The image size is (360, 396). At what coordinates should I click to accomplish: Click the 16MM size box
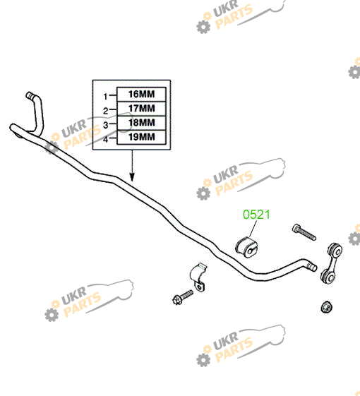click(x=141, y=95)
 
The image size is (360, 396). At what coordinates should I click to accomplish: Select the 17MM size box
click(x=141, y=109)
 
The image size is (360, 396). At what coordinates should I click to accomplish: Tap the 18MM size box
click(x=141, y=123)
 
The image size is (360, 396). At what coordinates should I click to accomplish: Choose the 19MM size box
click(x=141, y=137)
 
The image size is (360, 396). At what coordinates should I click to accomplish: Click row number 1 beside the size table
click(x=106, y=96)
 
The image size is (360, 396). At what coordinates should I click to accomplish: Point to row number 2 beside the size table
click(x=106, y=111)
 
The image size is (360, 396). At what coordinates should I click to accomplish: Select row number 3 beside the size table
click(x=106, y=125)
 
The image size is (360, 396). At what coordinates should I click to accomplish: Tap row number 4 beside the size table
click(x=106, y=139)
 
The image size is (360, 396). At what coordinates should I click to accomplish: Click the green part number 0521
click(x=256, y=215)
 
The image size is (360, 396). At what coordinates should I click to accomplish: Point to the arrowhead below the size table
click(x=132, y=177)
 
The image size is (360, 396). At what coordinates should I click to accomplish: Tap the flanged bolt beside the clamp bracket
click(x=183, y=297)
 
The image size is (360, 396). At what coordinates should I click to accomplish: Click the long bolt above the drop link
click(x=304, y=232)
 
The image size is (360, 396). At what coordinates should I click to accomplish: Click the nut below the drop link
click(x=326, y=307)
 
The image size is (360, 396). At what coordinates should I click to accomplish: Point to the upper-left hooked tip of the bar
click(x=30, y=95)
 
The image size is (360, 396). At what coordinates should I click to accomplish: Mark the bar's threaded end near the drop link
click(x=311, y=266)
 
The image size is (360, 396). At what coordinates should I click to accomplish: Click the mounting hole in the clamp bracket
click(x=200, y=287)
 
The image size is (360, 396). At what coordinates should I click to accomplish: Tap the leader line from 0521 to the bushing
click(x=253, y=229)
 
